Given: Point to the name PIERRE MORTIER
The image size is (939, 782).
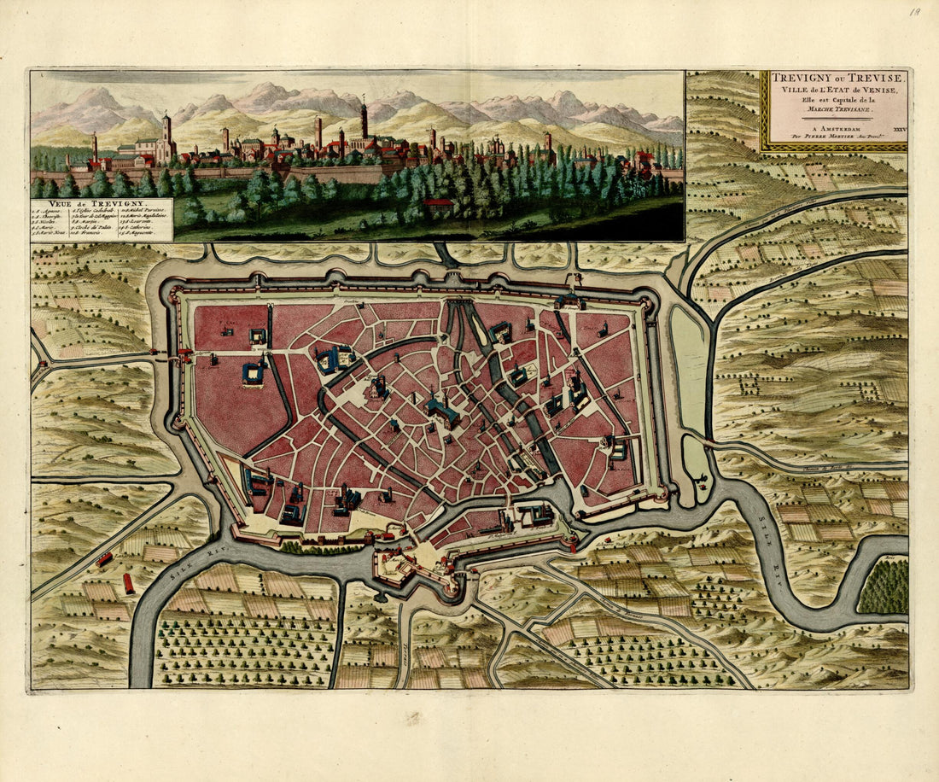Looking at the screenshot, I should coord(825,133).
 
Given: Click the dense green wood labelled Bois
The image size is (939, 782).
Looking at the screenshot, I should coord(884,587).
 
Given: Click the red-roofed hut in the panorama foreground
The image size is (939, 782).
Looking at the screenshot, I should coord(439,203).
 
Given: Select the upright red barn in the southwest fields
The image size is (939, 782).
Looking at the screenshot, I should coord(129,584).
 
